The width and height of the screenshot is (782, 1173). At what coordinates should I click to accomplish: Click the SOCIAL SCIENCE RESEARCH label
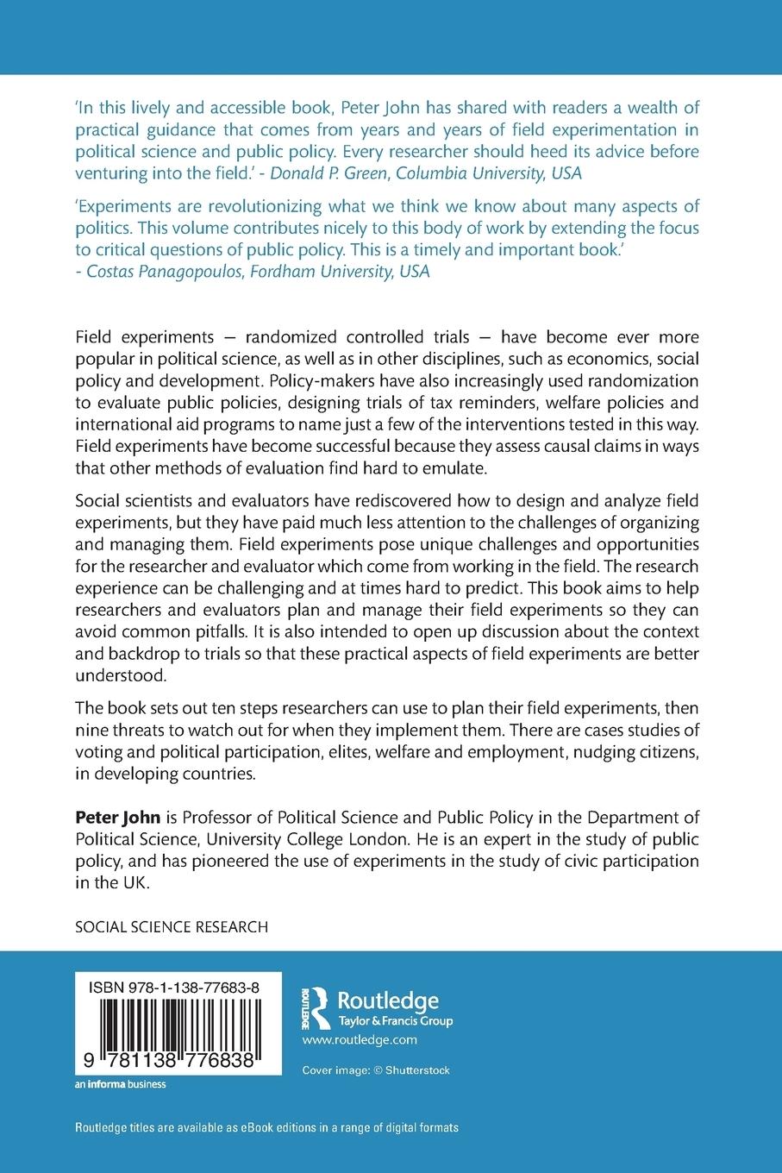tap(172, 927)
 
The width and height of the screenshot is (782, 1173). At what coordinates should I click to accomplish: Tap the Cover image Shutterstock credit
tap(376, 1070)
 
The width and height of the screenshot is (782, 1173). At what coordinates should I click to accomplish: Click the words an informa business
tap(121, 1084)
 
